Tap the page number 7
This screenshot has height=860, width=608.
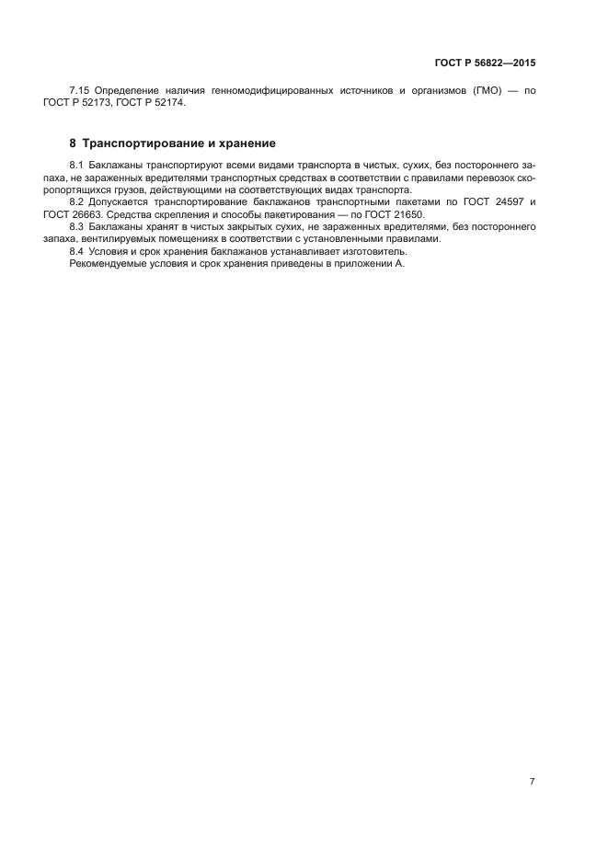pyautogui.click(x=532, y=782)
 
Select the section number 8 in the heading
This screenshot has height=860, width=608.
pyautogui.click(x=74, y=143)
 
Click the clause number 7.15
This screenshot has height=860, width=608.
pyautogui.click(x=81, y=90)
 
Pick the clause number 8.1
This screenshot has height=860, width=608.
pyautogui.click(x=78, y=164)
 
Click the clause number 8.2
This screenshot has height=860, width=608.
pyautogui.click(x=78, y=201)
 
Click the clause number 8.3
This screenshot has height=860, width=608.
pyautogui.click(x=78, y=225)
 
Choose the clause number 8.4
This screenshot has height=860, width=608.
pyautogui.click(x=78, y=251)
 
